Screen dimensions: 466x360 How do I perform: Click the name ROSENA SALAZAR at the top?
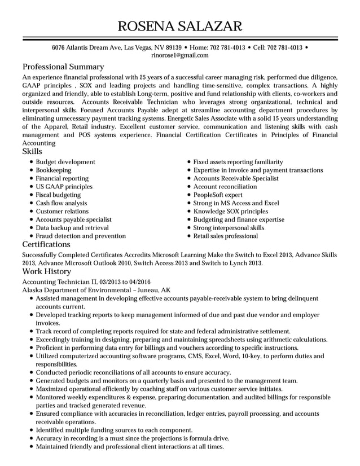[x=180, y=25]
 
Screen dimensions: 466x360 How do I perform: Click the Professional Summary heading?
[x=63, y=67]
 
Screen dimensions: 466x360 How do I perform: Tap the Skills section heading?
[x=32, y=151]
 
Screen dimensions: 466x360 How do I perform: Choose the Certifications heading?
[x=46, y=244]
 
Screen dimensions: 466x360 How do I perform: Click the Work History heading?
[x=46, y=271]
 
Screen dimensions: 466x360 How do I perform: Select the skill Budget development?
[x=65, y=162]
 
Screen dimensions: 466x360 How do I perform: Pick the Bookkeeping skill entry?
[x=54, y=170]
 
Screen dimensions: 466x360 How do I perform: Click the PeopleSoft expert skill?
[x=218, y=195]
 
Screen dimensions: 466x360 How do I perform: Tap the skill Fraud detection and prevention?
[x=81, y=236]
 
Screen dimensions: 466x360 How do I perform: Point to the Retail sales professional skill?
[x=225, y=236]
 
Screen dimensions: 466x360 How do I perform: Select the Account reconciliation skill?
[x=225, y=186]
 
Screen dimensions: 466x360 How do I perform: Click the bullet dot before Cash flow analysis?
[x=31, y=203]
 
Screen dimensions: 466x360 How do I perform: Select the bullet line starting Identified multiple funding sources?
[x=114, y=429]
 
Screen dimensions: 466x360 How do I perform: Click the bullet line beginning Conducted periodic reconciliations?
[x=133, y=372]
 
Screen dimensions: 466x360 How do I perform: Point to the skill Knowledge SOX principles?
[x=231, y=211]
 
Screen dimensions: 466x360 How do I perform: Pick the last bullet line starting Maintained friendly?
[x=130, y=446]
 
